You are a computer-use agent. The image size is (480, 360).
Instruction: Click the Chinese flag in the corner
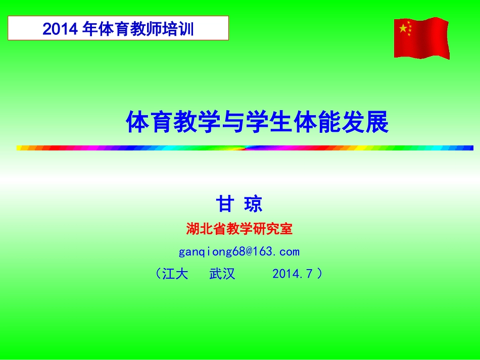(x=421, y=38)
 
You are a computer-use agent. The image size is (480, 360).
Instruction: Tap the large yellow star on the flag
(x=403, y=29)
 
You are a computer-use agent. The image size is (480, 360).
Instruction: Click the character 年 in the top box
(x=89, y=29)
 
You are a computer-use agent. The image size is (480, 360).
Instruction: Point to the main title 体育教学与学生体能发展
(x=257, y=122)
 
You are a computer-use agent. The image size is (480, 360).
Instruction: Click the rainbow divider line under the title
(x=245, y=148)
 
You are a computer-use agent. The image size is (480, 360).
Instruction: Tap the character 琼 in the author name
(x=253, y=204)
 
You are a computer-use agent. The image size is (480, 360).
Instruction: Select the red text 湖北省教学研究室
(x=239, y=229)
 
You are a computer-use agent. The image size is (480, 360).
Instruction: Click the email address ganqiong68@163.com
(x=239, y=251)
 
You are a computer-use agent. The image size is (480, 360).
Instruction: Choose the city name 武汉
(x=222, y=274)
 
